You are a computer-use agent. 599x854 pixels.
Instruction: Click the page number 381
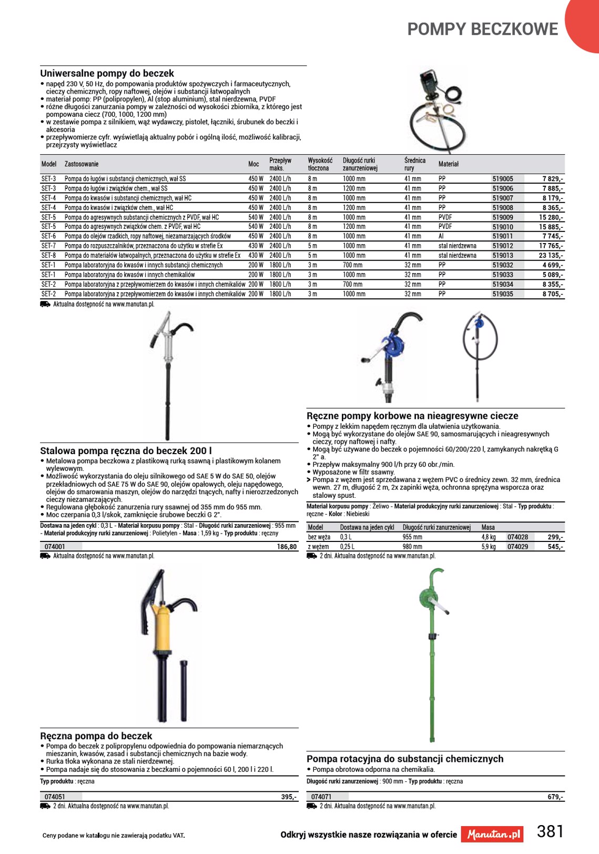coord(550,831)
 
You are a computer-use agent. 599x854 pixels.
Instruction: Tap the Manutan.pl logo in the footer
coord(493,835)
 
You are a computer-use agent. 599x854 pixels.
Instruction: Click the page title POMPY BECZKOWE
coord(482,29)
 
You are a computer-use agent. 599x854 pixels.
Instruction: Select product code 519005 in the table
coord(503,179)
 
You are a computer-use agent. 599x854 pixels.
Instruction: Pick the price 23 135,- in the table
coord(551,256)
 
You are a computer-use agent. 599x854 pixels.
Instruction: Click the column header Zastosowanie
coord(82,164)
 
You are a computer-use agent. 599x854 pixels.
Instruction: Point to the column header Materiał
coord(449,164)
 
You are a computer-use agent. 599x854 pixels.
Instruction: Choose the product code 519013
coord(503,256)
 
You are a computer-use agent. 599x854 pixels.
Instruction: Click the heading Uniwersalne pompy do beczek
coord(107,74)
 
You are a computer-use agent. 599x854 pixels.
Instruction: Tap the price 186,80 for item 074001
coord(287,547)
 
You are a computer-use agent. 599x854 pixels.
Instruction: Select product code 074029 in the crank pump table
coord(517,547)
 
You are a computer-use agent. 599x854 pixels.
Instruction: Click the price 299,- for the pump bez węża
coord(555,537)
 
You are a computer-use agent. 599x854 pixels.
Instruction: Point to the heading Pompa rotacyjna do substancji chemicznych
coord(405,759)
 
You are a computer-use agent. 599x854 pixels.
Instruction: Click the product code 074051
coord(55,797)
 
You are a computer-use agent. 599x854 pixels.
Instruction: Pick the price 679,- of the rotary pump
coord(555,797)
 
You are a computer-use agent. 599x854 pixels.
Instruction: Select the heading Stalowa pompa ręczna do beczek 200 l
coord(126,451)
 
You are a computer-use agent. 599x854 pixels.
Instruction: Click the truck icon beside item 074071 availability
coord(312,806)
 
